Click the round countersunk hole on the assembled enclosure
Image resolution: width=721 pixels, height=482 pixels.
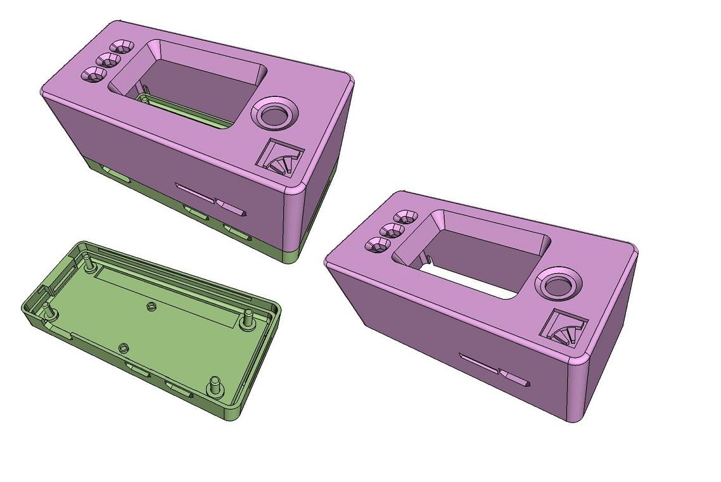[275, 115]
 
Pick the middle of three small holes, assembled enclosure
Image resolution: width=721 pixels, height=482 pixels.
[109, 61]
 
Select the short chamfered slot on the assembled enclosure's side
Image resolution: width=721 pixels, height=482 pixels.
[231, 206]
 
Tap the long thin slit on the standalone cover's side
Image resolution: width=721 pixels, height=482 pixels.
[478, 362]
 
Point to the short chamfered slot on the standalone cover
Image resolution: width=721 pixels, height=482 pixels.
[514, 377]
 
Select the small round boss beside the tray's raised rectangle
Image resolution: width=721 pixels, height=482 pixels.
[151, 307]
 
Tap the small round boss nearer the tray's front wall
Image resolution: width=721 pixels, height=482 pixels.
[124, 348]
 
